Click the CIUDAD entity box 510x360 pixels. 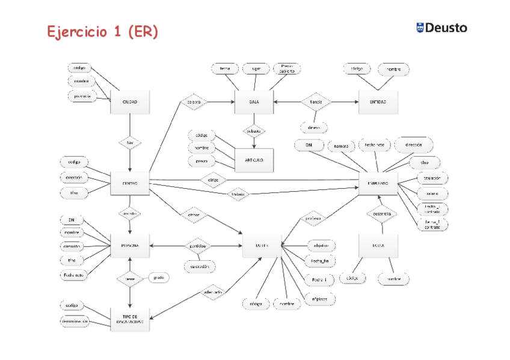tap(130, 102)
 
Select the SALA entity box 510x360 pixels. tap(254, 102)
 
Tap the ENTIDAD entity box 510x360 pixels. tap(378, 102)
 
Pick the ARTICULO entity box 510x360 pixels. tap(254, 160)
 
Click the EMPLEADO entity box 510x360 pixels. tap(378, 183)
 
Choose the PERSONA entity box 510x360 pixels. tap(130, 245)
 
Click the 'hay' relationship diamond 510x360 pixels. tap(130, 142)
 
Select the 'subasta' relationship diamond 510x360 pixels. tap(254, 130)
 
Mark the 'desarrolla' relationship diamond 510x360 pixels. tap(382, 213)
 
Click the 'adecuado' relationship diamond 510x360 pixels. tap(213, 292)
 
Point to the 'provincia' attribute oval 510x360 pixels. tap(81, 96)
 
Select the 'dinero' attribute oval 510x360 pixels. tap(313, 127)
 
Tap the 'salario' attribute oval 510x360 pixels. tap(432, 193)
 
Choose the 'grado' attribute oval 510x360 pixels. tap(159, 278)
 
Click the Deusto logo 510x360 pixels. tap(441, 28)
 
